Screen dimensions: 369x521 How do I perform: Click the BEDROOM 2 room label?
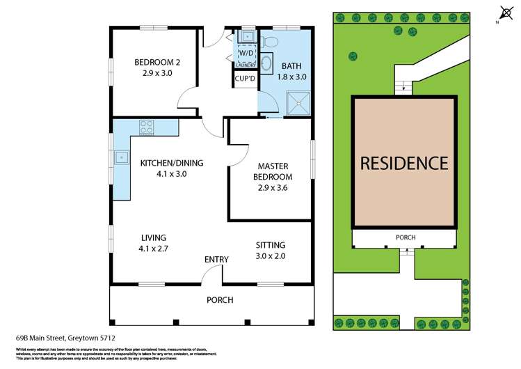(x=157, y=62)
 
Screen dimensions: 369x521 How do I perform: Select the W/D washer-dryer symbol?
(x=246, y=53)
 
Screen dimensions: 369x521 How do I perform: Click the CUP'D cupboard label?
(x=245, y=78)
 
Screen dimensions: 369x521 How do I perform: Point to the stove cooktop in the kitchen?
(x=147, y=127)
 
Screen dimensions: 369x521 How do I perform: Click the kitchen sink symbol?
(x=120, y=158)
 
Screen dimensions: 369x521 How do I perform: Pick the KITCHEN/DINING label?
(x=171, y=164)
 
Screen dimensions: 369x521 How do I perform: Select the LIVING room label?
(x=152, y=237)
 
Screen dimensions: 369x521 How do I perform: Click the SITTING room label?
(x=271, y=245)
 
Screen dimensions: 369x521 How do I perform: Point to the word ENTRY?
(x=216, y=260)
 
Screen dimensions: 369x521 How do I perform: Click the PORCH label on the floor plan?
(x=219, y=300)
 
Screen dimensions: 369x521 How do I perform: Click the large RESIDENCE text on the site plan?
(x=403, y=164)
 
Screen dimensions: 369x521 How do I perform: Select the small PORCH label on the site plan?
(x=406, y=237)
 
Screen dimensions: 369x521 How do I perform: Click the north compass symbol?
(x=505, y=13)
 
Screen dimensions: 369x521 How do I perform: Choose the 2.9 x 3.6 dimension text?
(x=272, y=188)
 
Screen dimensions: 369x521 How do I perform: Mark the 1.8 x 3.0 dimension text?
(x=291, y=77)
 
